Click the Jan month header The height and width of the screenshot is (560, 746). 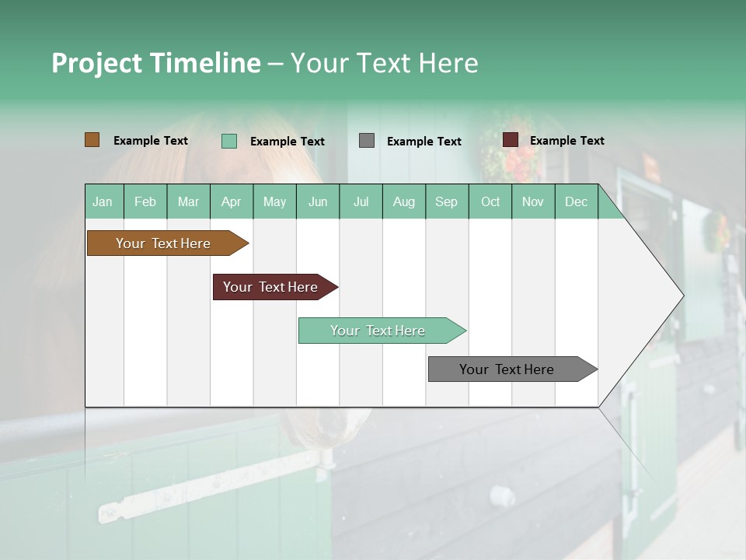103,201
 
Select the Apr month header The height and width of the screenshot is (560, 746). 232,201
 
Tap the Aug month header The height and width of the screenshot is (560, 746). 404,201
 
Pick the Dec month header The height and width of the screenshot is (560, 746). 576,201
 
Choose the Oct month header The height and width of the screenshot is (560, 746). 490,201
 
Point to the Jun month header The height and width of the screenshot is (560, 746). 318,201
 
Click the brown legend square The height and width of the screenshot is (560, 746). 92,140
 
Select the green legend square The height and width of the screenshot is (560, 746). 229,141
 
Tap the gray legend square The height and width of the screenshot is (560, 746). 367,141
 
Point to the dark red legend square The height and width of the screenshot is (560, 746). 510,140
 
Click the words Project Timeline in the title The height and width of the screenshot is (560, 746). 155,63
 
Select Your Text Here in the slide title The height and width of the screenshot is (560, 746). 385,63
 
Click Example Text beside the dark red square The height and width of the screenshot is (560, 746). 566,141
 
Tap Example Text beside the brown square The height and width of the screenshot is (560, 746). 150,141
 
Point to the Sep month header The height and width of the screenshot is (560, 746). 446,201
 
